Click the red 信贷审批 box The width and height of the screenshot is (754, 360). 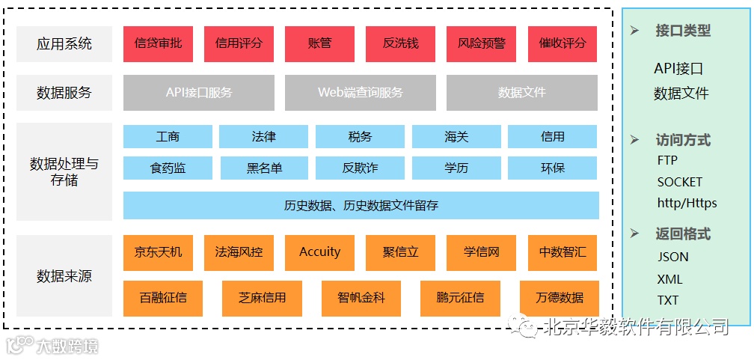(158, 43)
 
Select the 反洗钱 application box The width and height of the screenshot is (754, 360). (400, 43)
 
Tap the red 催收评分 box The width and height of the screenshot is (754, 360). (562, 43)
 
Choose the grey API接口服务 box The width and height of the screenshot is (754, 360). (199, 93)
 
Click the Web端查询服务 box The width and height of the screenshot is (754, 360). (360, 93)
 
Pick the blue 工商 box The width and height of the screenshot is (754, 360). (168, 137)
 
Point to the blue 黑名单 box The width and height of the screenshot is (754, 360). (264, 168)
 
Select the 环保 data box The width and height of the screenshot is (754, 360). (552, 168)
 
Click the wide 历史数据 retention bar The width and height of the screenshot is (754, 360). (361, 205)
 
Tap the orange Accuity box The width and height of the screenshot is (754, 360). (319, 252)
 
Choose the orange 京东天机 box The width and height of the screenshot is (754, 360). (158, 252)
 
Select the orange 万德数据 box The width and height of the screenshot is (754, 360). (559, 298)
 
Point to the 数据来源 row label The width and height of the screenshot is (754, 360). (64, 275)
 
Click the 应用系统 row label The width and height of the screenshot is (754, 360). (64, 44)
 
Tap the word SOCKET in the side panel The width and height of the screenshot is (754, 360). (679, 182)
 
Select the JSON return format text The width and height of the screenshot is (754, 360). (672, 257)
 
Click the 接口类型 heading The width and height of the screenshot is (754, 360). (682, 31)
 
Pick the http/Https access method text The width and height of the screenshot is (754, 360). (687, 203)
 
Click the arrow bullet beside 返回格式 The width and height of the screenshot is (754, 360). (635, 234)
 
